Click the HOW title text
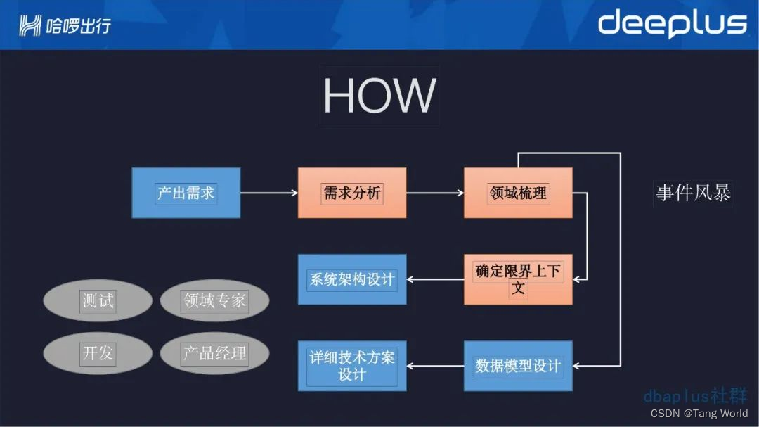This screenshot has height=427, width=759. (379, 96)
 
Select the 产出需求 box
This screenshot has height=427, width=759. (186, 193)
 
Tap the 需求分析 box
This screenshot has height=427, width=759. (352, 193)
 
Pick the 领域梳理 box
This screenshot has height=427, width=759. (518, 193)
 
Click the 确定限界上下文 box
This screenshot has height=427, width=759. (518, 279)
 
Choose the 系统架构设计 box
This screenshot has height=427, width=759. (352, 279)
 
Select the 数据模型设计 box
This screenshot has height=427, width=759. (518, 366)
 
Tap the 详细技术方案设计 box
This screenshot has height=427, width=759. (352, 366)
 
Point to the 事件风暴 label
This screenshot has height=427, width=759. (694, 193)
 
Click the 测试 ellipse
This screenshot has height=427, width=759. (98, 301)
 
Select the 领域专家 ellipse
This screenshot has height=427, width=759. (215, 301)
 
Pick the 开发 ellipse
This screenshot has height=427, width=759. (98, 353)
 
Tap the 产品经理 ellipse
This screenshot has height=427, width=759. (215, 353)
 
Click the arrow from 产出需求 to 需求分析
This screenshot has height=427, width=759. (269, 193)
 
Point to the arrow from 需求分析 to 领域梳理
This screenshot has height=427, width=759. (435, 193)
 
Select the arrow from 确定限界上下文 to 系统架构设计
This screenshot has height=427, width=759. (435, 279)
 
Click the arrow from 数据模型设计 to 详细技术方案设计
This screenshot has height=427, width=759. (435, 366)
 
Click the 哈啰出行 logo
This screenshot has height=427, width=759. (65, 26)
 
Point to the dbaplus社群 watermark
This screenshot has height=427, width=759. (695, 396)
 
